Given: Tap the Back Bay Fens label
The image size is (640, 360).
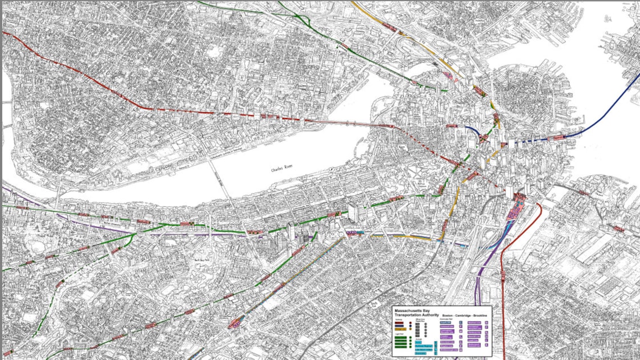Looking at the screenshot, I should [202, 260].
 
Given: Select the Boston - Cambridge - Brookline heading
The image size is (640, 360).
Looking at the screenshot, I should [465, 317].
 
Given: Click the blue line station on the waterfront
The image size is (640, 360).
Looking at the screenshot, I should [558, 137].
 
